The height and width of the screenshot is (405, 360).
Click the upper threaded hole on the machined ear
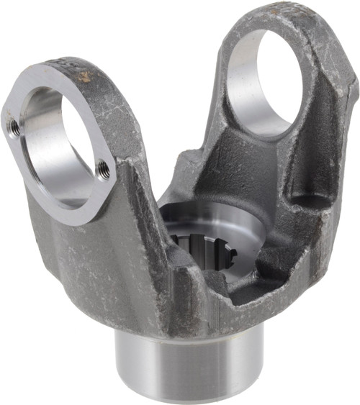13,127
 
